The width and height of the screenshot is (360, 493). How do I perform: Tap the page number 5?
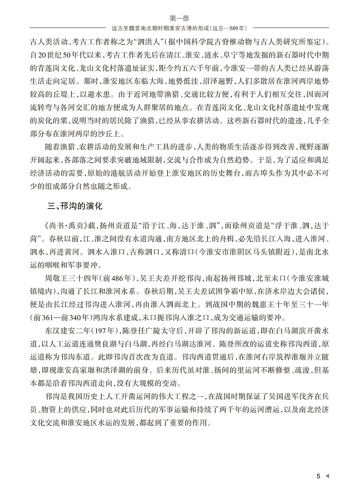[318, 476]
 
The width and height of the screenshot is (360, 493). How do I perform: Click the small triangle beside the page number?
[327, 476]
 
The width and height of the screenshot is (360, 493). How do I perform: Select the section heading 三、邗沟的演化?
[75, 207]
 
